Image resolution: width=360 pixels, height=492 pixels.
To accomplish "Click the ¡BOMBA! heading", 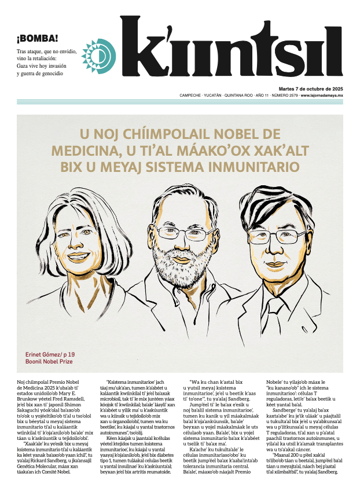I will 37,39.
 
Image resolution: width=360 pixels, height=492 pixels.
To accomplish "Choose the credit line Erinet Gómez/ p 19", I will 50,353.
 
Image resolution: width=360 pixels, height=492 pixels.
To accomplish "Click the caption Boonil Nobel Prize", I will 50,361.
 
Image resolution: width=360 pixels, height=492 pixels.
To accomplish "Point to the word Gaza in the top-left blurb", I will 25,66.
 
